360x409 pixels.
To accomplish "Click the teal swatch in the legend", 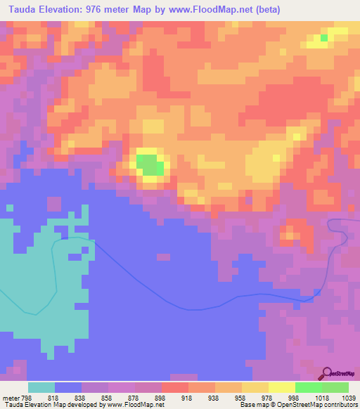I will coord(41,387).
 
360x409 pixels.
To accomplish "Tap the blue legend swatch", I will coord(68,387).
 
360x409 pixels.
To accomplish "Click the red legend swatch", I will coord(175,387).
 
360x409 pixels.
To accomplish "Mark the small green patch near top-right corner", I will coord(323,38).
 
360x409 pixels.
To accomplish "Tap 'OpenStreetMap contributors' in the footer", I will coord(320,405).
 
